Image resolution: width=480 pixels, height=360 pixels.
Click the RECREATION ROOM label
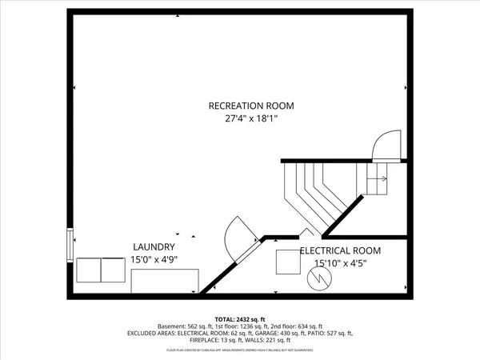[251, 106]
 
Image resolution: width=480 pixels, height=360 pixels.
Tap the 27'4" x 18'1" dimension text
[251, 120]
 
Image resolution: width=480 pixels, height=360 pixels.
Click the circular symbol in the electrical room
[318, 279]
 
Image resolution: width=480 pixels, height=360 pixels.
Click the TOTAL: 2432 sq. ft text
[240, 318]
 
